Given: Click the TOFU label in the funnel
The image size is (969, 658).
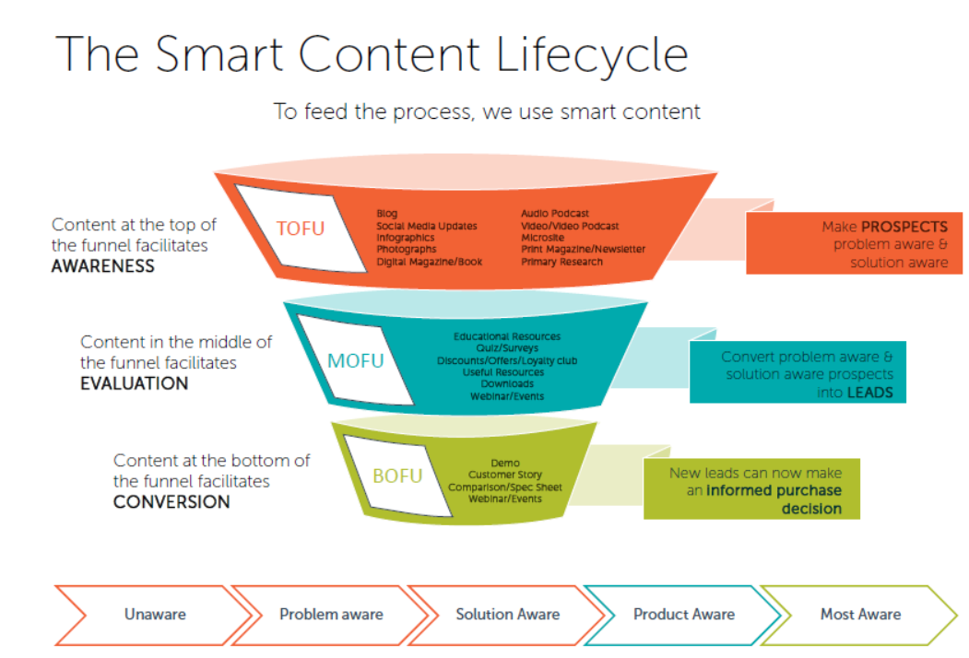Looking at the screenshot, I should pos(301,227).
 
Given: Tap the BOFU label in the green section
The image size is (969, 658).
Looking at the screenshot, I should pos(397,476).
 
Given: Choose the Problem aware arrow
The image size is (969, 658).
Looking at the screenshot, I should pos(331,614).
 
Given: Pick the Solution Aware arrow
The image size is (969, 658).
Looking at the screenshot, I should pos(507,614).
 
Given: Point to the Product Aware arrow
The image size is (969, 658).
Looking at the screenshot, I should pos(683,614).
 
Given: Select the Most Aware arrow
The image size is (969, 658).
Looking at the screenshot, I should pos(860,614).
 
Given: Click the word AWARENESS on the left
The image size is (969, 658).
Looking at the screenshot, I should pos(102,266).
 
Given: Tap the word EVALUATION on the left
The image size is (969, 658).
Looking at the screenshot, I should pos(134,383).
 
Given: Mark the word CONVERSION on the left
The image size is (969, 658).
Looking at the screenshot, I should pos(171,502).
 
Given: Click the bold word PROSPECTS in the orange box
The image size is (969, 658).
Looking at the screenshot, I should pos(904,226).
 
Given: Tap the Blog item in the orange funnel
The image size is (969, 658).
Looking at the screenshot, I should pos(387,214).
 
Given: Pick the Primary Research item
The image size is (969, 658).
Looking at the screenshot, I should pos(561,262).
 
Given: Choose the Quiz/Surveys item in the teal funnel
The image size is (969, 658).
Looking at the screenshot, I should pos(506,348).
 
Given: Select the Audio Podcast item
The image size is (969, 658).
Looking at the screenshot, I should pos(554,214).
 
